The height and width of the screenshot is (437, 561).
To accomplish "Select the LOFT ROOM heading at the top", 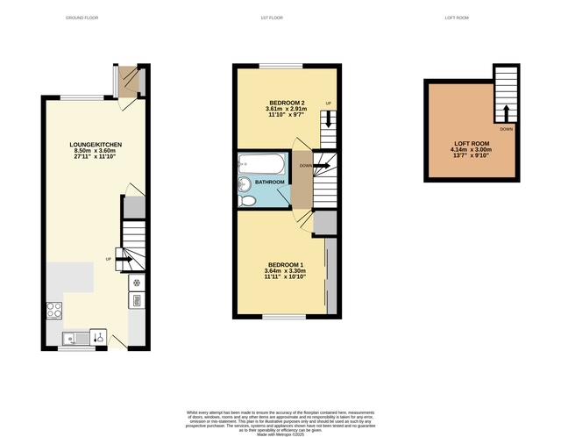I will (457, 18).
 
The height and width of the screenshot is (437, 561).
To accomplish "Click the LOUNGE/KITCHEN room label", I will (96, 144).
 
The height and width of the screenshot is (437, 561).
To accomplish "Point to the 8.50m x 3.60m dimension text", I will (96, 151).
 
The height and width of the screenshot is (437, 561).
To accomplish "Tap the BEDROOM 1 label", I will (285, 265).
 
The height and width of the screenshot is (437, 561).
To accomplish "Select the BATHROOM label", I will (270, 182).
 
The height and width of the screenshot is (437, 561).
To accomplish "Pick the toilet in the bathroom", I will (246, 200).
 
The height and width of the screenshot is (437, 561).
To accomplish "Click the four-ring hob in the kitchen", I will (53, 309).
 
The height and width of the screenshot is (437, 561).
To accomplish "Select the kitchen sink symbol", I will (71, 336).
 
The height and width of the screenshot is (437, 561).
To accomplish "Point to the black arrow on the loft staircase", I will (506, 113).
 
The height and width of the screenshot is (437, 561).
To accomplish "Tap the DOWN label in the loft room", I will (506, 128).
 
